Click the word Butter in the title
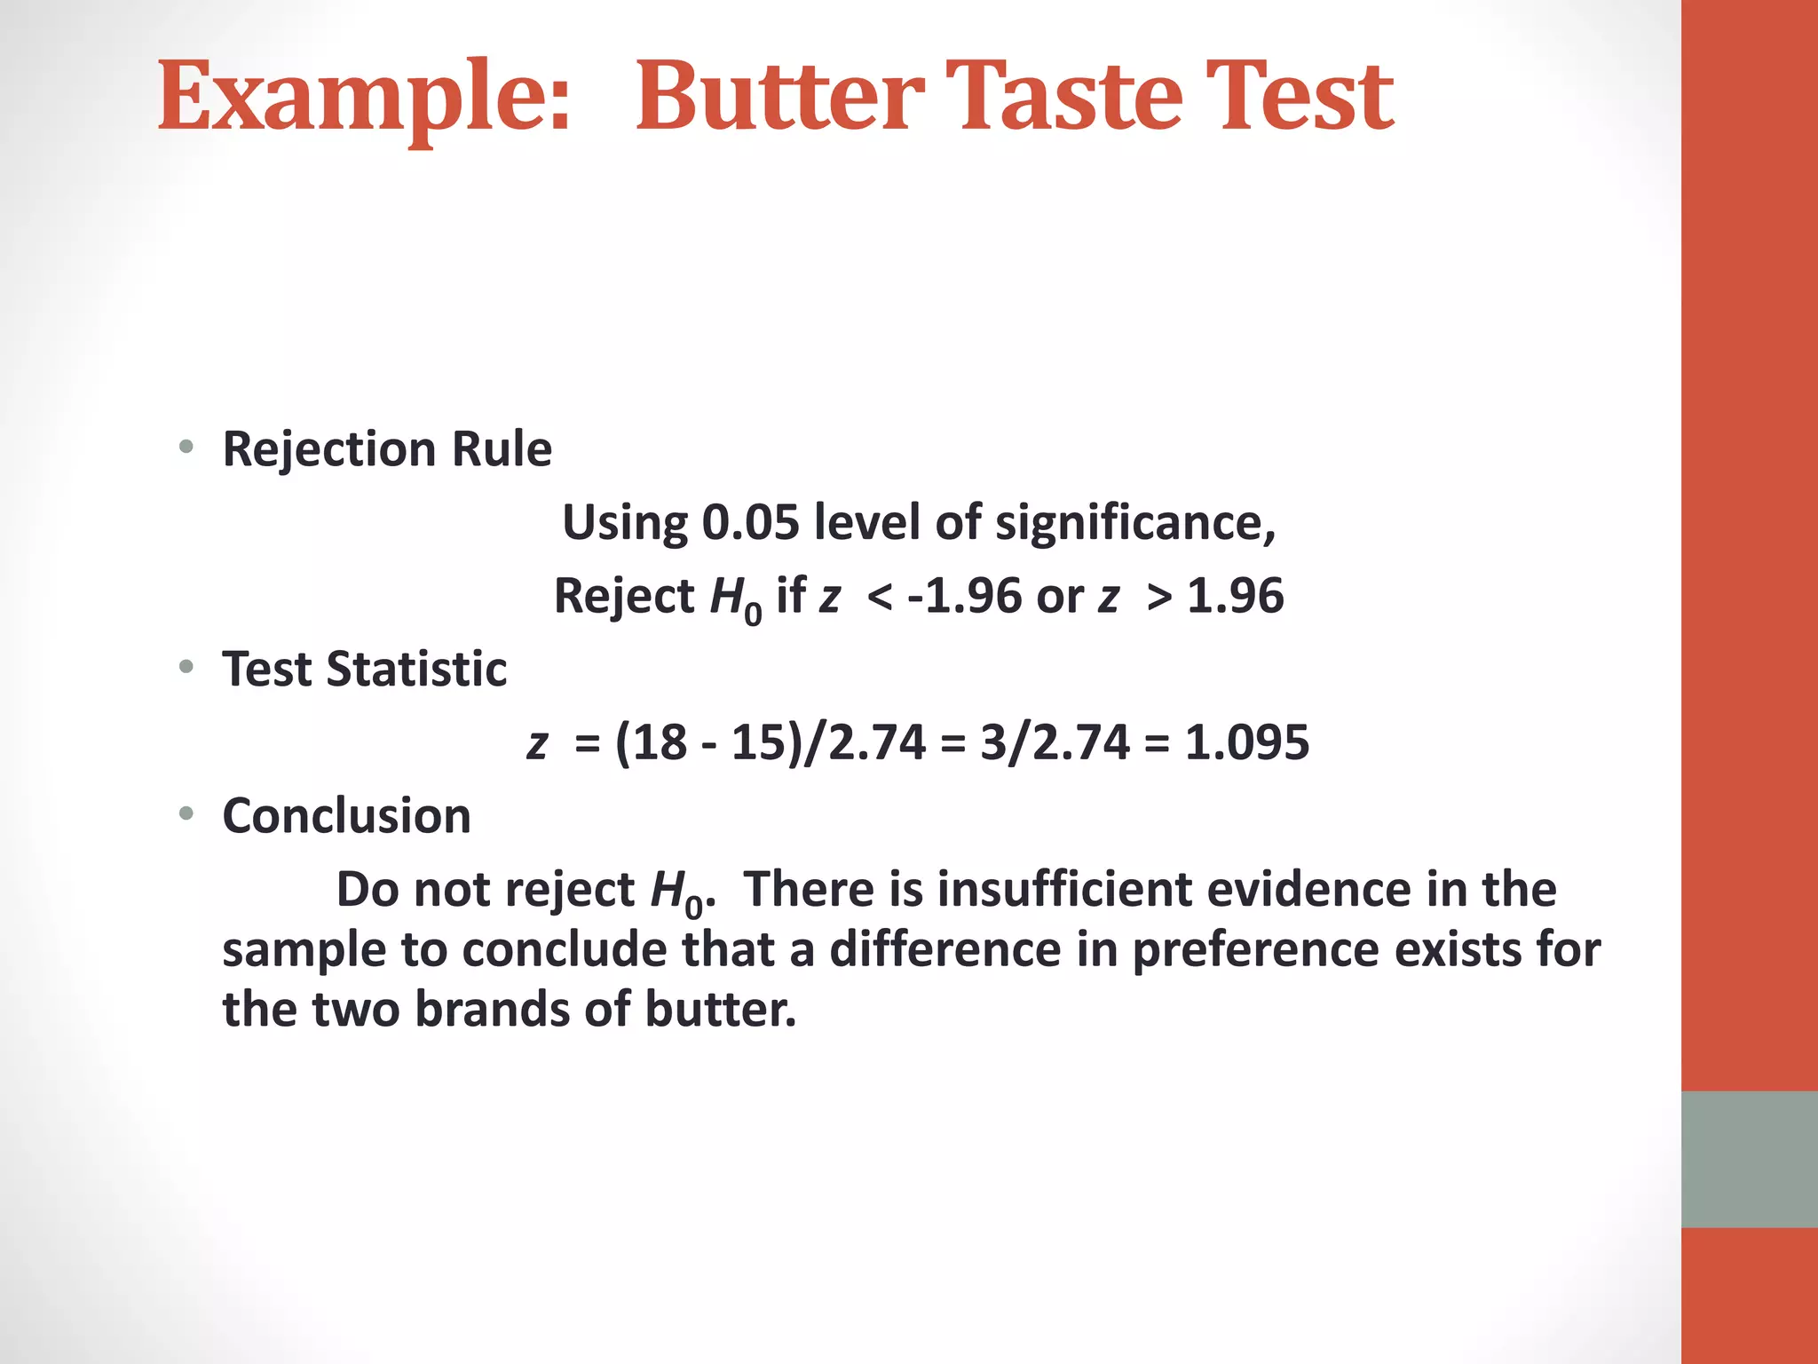click(779, 96)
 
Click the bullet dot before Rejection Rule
click(186, 447)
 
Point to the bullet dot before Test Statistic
click(186, 667)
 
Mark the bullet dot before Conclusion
click(186, 813)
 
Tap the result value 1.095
click(1246, 742)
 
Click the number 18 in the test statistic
click(660, 742)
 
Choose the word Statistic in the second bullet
click(416, 669)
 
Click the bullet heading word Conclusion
click(346, 816)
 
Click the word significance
click(1134, 523)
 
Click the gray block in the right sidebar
click(1749, 1159)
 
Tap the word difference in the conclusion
click(945, 949)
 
